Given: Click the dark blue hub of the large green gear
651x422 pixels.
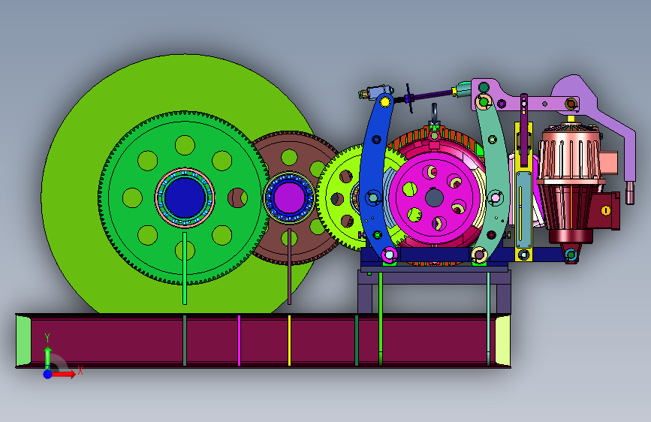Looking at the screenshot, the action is pos(185,197).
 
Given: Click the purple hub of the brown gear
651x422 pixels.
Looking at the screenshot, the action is pos(289,197).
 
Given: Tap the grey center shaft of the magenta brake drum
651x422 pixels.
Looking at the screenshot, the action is pos(434,197).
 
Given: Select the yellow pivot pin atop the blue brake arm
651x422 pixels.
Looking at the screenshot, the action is pos(385,101).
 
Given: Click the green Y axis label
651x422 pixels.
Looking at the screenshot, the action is pos(47,337).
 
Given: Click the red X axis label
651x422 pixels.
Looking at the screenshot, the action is pos(80,370).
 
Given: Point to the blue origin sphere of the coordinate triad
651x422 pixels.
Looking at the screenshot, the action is pos(48,374).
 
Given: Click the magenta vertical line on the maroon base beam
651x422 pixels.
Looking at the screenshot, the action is pos(239,341).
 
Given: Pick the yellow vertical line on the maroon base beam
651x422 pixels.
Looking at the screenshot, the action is pos(289,341).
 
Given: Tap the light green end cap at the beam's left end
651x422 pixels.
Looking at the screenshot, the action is pos(23,341).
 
